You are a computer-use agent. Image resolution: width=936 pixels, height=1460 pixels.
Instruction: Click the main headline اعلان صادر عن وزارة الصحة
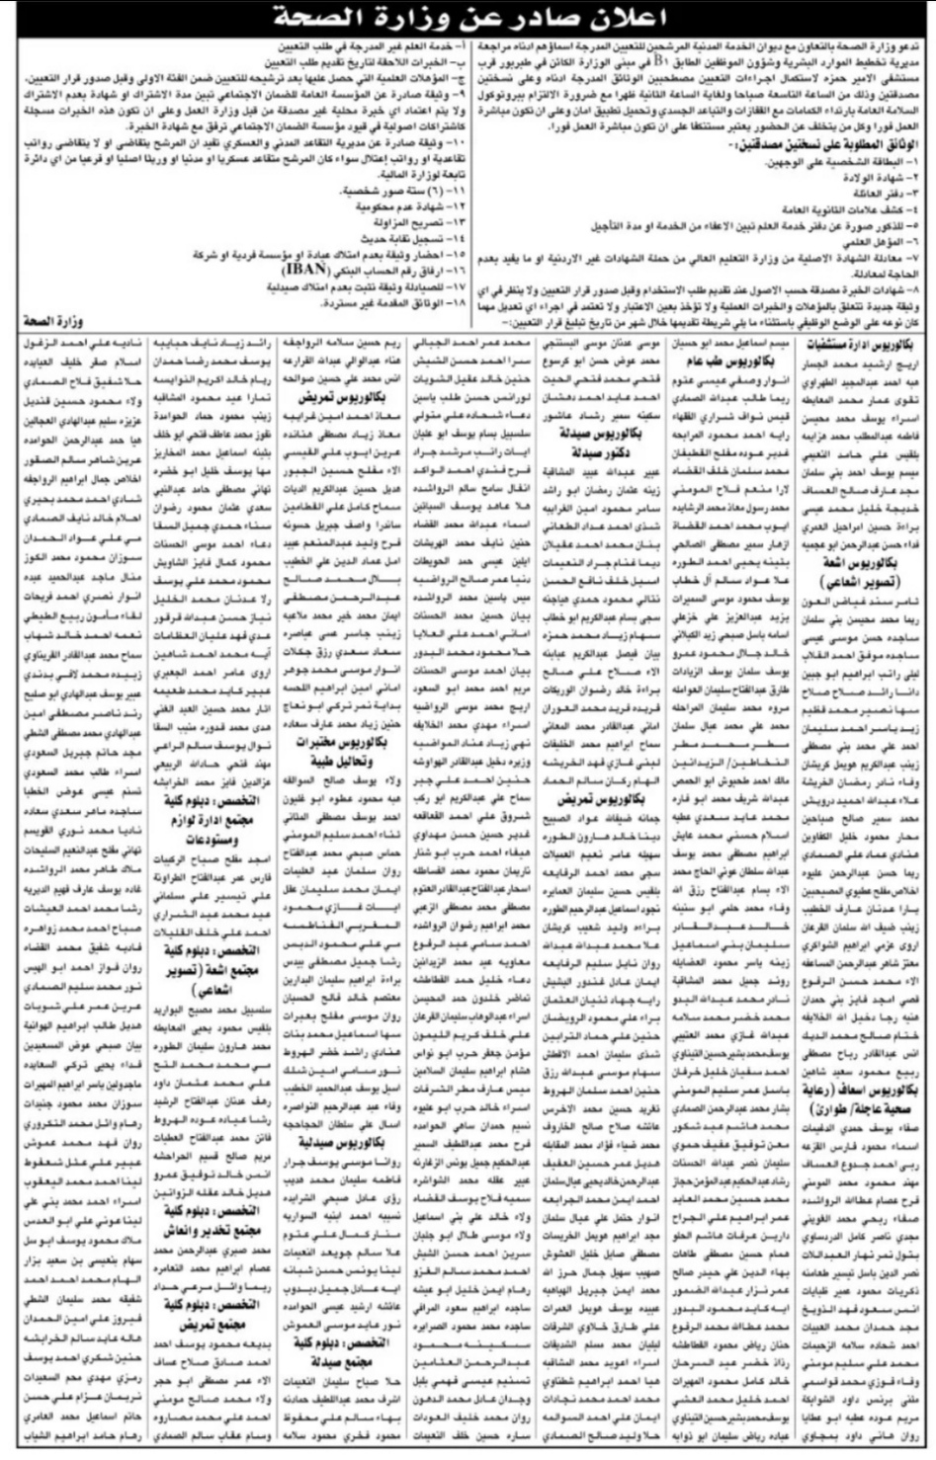(467, 19)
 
